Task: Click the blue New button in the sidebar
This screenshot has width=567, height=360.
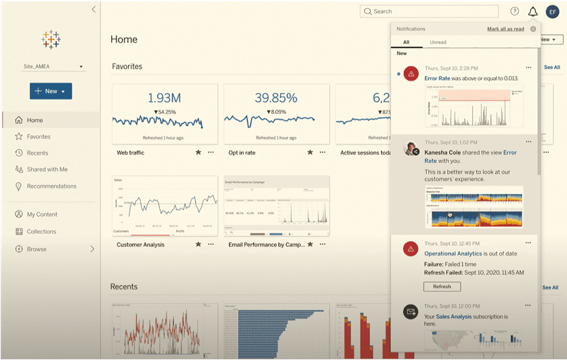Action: pyautogui.click(x=51, y=91)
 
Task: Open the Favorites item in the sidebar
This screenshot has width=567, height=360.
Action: pyautogui.click(x=39, y=136)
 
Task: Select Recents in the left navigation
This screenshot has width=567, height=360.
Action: pyautogui.click(x=37, y=153)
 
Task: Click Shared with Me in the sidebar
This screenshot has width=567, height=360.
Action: pyautogui.click(x=47, y=169)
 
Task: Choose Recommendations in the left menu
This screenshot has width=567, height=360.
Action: pyautogui.click(x=51, y=186)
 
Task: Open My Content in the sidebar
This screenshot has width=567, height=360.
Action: pyautogui.click(x=42, y=214)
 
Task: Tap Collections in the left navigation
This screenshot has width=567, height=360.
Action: pyautogui.click(x=41, y=232)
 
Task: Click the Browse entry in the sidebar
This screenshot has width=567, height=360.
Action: pyautogui.click(x=37, y=249)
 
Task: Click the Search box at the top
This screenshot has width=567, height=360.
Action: pyautogui.click(x=429, y=12)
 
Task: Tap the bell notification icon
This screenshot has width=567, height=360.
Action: pyautogui.click(x=533, y=12)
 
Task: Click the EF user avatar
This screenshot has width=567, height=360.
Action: pyautogui.click(x=552, y=12)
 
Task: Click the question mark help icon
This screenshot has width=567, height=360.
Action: pyautogui.click(x=515, y=12)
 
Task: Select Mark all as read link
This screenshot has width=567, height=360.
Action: pyautogui.click(x=505, y=29)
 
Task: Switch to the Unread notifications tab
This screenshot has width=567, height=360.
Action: pyautogui.click(x=438, y=42)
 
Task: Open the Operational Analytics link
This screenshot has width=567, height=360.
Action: pyautogui.click(x=454, y=254)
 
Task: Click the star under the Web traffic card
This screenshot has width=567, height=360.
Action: pyautogui.click(x=198, y=153)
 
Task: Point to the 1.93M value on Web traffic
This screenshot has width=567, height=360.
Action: pyautogui.click(x=164, y=98)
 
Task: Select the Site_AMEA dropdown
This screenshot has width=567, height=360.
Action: pyautogui.click(x=53, y=66)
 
